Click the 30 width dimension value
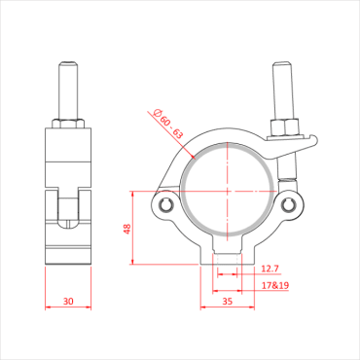coord(67,302)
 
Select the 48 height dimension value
coord(125,230)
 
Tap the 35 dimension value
coord(228,303)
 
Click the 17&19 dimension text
coord(275,285)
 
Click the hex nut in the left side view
coord(67,124)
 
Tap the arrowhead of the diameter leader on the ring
coord(191,155)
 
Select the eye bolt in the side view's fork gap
coord(67,209)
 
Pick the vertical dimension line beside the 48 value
coord(132,229)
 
